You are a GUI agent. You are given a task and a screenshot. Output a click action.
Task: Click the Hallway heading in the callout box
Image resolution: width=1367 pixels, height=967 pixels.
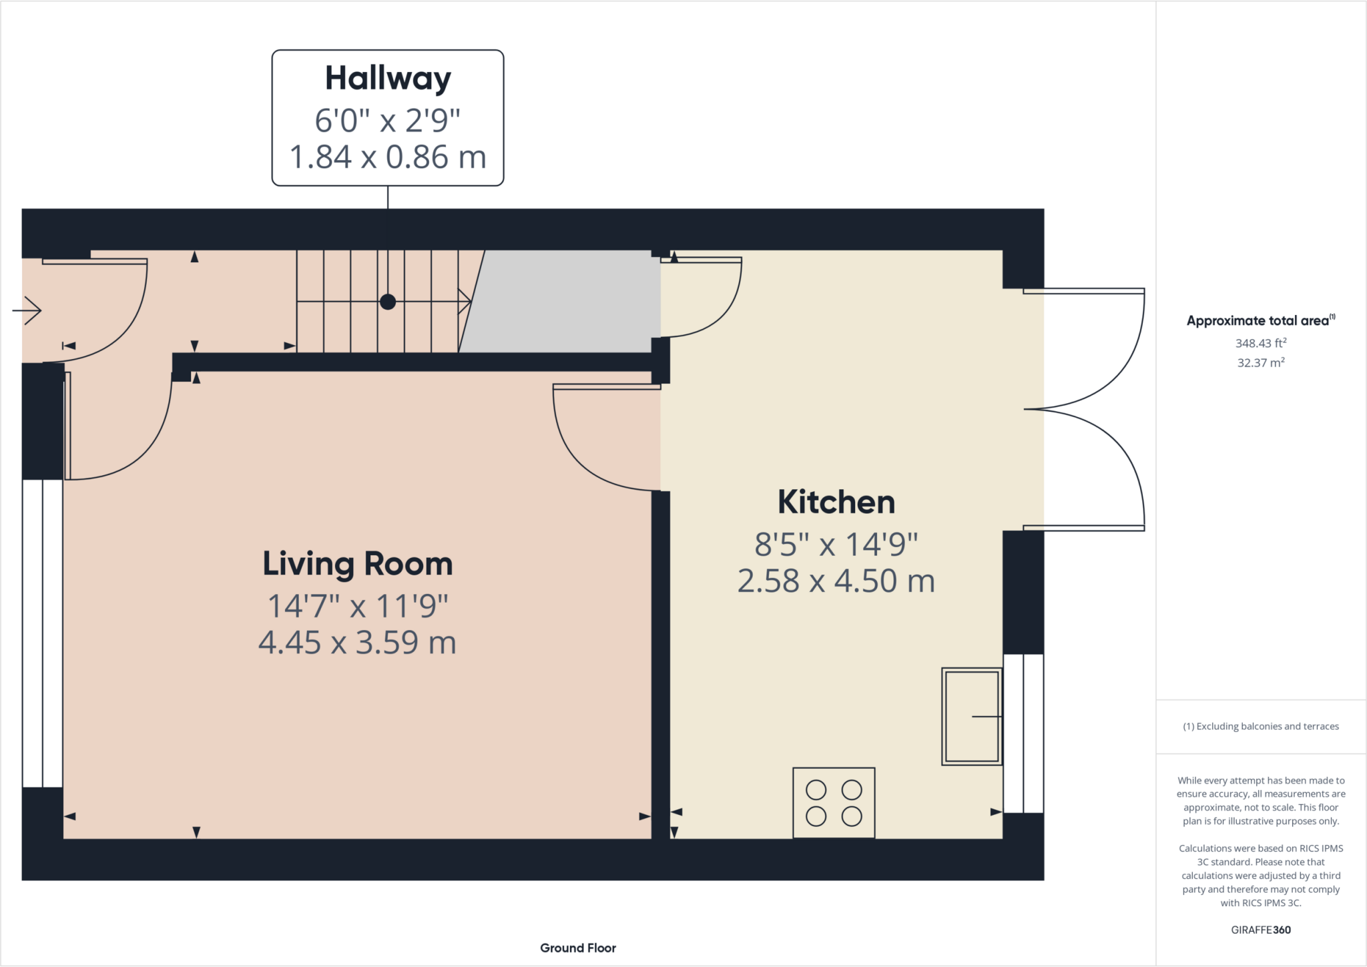(x=388, y=79)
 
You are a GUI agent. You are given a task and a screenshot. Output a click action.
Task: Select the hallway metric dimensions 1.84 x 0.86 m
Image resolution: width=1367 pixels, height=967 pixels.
(x=388, y=157)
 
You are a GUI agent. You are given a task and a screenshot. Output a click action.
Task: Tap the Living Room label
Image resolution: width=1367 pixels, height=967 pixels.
(x=358, y=564)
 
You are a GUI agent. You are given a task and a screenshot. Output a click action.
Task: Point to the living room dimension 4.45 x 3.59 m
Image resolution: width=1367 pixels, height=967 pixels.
(x=358, y=643)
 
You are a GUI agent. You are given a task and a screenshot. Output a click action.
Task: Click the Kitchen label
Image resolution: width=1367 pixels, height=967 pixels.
(x=836, y=502)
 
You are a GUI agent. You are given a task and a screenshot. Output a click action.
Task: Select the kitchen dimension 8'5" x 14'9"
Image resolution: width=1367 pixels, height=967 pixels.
(x=836, y=545)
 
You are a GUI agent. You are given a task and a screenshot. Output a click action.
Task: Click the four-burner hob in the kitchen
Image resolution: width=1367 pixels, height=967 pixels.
(x=834, y=803)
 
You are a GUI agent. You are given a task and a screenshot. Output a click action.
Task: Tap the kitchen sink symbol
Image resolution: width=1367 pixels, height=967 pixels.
(x=972, y=716)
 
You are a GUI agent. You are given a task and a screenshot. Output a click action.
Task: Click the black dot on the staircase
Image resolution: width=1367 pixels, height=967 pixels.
(x=388, y=302)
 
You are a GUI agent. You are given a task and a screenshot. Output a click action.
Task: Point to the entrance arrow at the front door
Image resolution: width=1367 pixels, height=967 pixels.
(x=27, y=310)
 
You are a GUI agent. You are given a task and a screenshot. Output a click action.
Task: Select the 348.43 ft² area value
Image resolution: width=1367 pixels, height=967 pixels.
(x=1260, y=343)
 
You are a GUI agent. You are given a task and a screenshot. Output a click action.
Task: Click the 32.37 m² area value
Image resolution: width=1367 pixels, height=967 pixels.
(x=1260, y=362)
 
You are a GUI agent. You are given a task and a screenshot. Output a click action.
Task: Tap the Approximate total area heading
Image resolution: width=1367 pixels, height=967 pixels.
(x=1260, y=320)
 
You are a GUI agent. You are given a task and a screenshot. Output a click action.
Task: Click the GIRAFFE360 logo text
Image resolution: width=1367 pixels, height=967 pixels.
(x=1260, y=930)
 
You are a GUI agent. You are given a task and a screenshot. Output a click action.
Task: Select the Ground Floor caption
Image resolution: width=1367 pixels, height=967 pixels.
(x=578, y=948)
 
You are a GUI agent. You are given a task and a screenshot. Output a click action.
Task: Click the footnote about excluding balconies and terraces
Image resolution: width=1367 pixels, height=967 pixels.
(x=1260, y=726)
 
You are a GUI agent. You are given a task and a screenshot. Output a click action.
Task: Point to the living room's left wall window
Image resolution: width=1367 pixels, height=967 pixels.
(x=43, y=633)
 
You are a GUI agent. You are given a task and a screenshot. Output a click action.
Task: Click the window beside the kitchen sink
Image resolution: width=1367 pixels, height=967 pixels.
(x=1023, y=733)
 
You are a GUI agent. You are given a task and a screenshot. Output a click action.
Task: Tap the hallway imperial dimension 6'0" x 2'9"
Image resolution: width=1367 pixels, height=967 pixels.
(x=388, y=121)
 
